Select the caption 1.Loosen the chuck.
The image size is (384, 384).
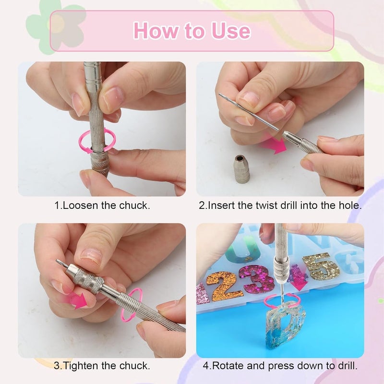[x=102, y=205]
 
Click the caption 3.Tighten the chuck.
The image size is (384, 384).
[x=102, y=366]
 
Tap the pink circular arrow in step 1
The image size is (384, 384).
[x=97, y=143]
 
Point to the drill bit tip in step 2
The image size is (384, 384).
[x=222, y=95]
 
